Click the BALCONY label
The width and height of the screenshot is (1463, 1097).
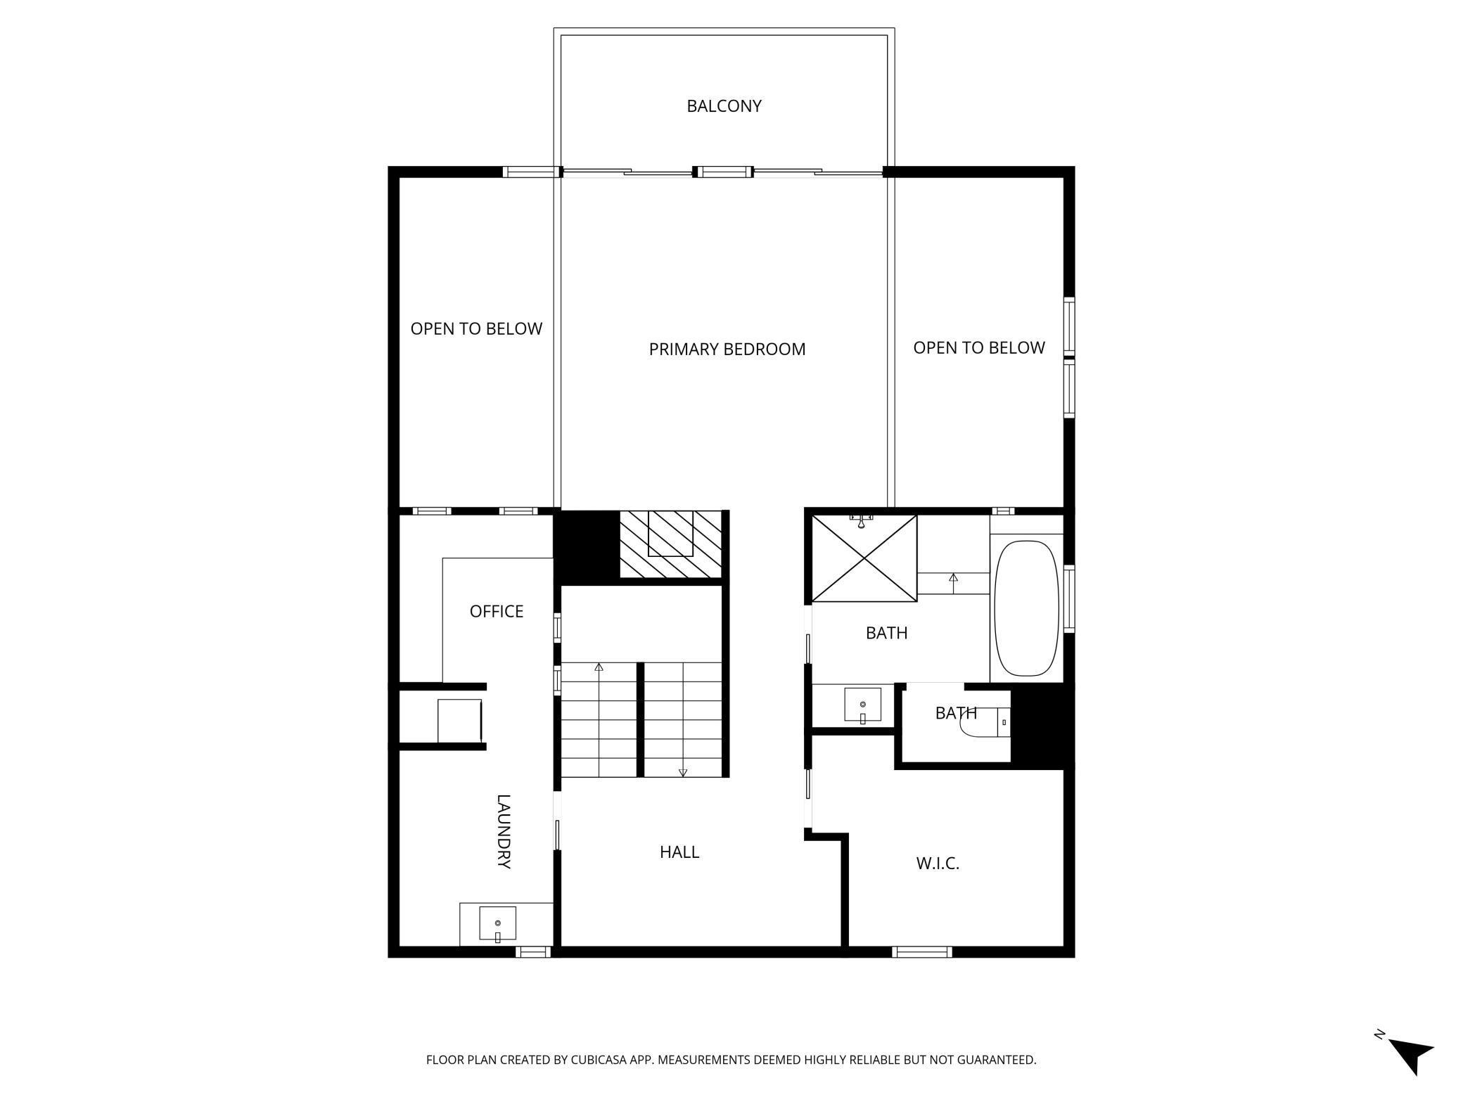click(x=724, y=106)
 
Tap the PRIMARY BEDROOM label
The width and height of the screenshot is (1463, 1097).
click(x=727, y=349)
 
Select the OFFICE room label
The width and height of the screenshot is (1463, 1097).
click(x=496, y=611)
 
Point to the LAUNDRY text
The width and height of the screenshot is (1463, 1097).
click(x=504, y=831)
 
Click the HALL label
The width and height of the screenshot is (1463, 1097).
click(x=679, y=852)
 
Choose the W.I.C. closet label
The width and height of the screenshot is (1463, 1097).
click(x=938, y=864)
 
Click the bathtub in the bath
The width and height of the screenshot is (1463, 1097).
click(x=1026, y=608)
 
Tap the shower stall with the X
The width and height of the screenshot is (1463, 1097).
click(x=864, y=558)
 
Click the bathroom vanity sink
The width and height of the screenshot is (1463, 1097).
click(x=862, y=705)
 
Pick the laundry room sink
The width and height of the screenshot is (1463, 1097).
click(x=497, y=923)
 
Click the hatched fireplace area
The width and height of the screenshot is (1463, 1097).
click(x=670, y=544)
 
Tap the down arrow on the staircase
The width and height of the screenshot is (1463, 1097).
click(x=682, y=772)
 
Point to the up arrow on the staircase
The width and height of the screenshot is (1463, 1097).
click(x=599, y=667)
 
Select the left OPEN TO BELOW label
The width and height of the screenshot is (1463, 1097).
click(x=476, y=328)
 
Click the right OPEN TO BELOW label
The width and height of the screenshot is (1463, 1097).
click(x=978, y=347)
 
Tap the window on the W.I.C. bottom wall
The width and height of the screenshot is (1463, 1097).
click(x=921, y=952)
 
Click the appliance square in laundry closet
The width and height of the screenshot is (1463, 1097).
click(x=459, y=721)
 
